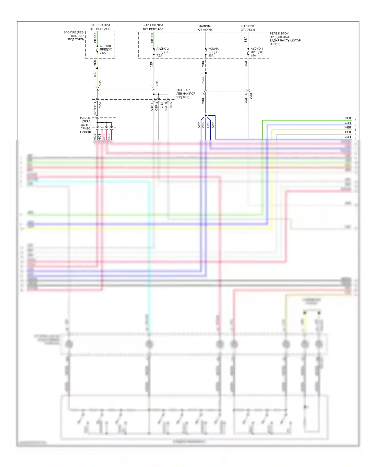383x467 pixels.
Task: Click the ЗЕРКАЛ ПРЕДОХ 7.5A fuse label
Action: tap(106, 50)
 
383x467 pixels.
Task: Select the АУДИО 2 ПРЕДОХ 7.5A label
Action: tap(162, 52)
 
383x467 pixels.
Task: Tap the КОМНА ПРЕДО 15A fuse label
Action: tap(213, 52)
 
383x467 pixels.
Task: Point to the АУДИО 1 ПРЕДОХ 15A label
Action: tap(257, 52)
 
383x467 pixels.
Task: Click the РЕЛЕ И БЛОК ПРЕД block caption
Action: tap(285, 39)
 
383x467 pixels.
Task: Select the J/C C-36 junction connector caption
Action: tap(85, 125)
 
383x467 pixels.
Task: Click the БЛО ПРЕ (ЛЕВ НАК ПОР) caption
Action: tap(74, 36)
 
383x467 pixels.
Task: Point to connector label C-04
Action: tap(251, 96)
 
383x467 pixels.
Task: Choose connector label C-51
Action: tap(157, 84)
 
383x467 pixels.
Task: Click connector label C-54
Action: tap(100, 105)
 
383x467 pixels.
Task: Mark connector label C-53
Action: tap(162, 105)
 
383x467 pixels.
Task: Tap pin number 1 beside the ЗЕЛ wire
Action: tap(355, 120)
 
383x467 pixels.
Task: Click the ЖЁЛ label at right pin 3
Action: tap(348, 127)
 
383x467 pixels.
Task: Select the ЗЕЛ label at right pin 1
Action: tap(348, 118)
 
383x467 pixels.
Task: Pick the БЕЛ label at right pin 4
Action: tap(348, 132)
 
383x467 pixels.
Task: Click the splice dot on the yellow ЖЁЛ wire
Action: tap(97, 68)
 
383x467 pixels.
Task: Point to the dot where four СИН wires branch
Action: tap(206, 115)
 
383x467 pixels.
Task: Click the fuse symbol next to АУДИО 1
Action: tap(248, 52)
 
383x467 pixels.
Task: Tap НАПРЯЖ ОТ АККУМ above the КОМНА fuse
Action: tap(205, 28)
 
